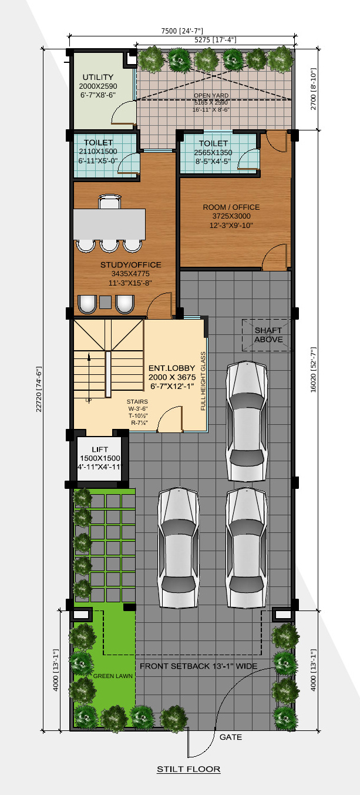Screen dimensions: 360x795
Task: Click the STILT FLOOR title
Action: coord(189,769)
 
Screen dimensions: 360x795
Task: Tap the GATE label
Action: coord(231,737)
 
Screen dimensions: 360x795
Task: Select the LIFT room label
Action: coord(100,450)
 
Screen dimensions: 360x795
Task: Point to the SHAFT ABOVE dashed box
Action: coord(267,336)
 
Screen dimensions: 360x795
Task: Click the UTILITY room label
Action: coord(98,77)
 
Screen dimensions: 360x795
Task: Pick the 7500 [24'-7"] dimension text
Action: coord(182,31)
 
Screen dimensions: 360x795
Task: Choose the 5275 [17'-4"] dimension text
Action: coord(216,40)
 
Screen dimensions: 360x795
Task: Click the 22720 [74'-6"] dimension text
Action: coord(39,390)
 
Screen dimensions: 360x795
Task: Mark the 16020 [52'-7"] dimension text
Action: coord(313,370)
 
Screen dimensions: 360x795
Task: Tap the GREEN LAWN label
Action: coord(113,676)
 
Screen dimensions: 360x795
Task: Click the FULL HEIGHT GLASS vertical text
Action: coord(203,381)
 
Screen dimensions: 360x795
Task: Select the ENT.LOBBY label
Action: coord(171,368)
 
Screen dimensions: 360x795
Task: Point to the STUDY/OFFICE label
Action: coord(130,265)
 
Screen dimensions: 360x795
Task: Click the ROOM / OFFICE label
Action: coord(231,207)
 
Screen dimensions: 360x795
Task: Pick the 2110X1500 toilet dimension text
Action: coord(98,151)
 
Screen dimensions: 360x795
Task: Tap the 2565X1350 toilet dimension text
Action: coord(213,153)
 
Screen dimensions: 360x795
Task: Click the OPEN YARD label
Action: coord(211,95)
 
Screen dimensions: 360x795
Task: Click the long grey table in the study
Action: coord(109,224)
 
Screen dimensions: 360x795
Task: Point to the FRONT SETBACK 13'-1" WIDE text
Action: coord(198,666)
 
